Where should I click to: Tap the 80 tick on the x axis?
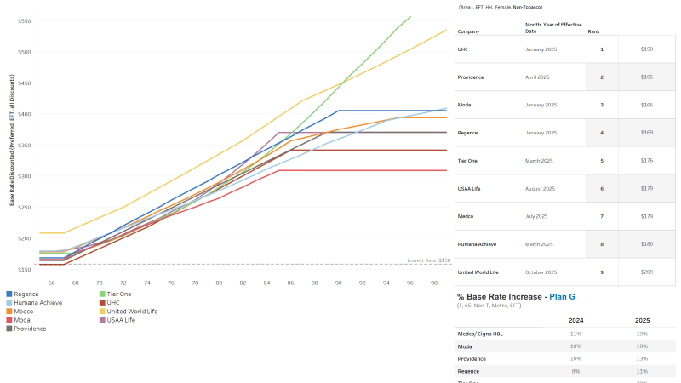click(x=219, y=282)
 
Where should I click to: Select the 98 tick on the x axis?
click(x=433, y=282)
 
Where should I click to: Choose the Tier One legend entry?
click(x=114, y=294)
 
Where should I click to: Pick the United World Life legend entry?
click(x=130, y=311)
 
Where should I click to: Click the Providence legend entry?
click(x=31, y=328)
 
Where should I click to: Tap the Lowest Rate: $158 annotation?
click(x=429, y=260)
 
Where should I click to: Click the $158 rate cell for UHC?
click(x=647, y=49)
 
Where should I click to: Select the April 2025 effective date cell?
click(x=538, y=77)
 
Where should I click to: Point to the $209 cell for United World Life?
click(x=647, y=272)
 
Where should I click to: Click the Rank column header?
click(x=593, y=31)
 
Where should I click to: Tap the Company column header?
click(x=469, y=31)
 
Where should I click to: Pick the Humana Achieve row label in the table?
click(x=477, y=244)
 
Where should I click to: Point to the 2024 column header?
click(x=575, y=321)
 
